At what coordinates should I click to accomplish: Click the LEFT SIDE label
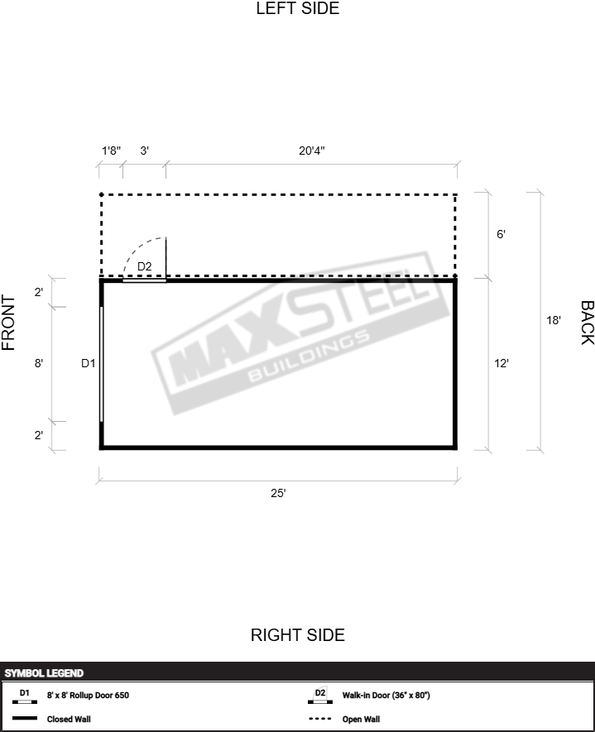[x=298, y=8]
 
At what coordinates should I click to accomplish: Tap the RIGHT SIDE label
[x=298, y=635]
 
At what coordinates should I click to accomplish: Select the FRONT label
[x=9, y=323]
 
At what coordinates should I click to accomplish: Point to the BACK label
[x=587, y=323]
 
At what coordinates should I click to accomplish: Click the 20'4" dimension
[x=311, y=151]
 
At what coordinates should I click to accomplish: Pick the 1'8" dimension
[x=111, y=151]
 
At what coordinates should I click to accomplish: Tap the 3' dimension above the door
[x=144, y=151]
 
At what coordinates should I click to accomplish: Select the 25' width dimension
[x=278, y=493]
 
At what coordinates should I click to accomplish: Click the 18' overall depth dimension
[x=554, y=320]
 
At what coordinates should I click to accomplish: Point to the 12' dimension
[x=501, y=363]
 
